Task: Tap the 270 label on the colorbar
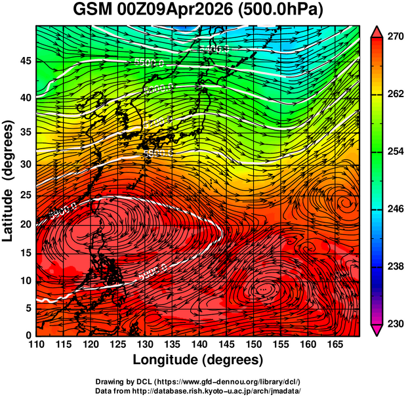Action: pos(394,37)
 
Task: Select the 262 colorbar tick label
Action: pos(394,94)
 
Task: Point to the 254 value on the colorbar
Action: pos(394,152)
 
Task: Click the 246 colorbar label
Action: pos(394,209)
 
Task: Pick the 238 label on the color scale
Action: pos(394,266)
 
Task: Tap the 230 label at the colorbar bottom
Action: pos(394,324)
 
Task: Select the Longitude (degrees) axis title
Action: pos(197,360)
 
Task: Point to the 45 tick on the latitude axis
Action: pos(25,61)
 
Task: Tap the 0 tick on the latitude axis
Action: pos(28,335)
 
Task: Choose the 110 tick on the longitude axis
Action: pos(36,345)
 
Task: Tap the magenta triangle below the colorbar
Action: pos(377,331)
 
